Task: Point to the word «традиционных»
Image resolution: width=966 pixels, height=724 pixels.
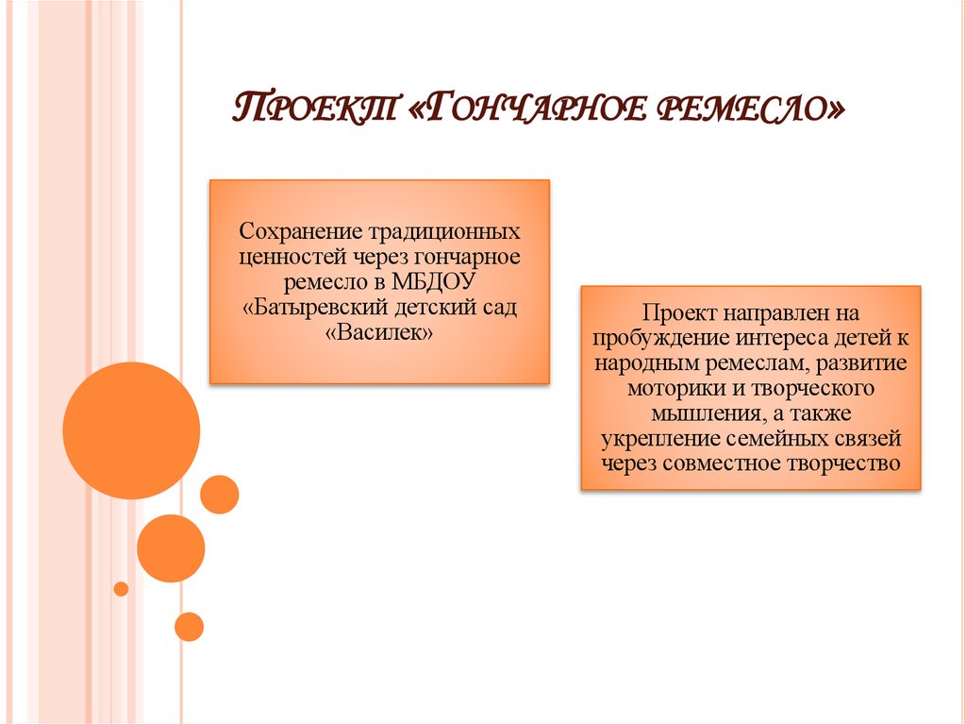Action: (443, 230)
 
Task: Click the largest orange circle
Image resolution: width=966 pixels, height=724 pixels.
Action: (131, 430)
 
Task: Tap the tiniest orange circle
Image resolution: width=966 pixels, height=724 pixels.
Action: (121, 589)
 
